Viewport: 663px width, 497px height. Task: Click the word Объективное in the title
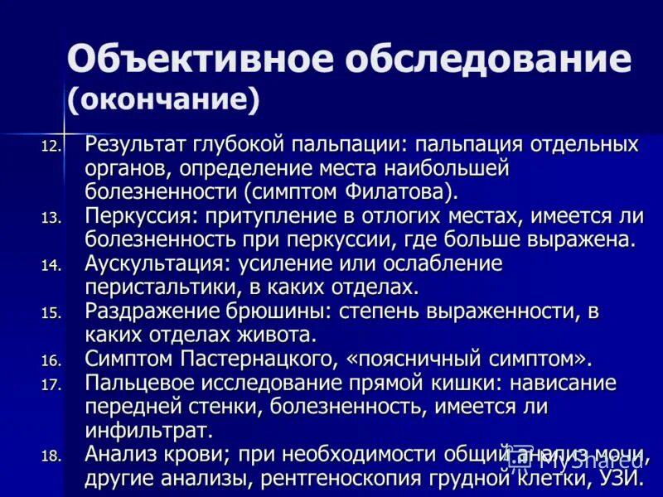pos(195,61)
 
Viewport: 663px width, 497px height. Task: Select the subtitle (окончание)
pos(164,99)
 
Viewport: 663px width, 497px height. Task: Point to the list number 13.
pos(51,219)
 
